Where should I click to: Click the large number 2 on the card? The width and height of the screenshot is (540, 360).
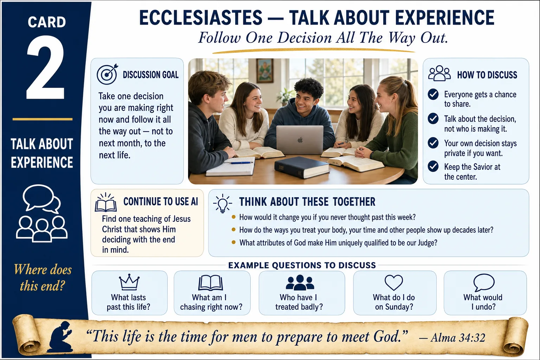click(46, 67)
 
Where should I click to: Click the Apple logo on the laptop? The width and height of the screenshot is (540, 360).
click(300, 140)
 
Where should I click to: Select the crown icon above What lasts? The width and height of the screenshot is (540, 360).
click(129, 282)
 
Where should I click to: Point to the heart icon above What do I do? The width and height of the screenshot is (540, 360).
click(394, 282)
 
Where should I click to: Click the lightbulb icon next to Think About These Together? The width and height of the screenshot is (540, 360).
click(223, 204)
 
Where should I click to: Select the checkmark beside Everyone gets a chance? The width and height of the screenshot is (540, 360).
click(433, 94)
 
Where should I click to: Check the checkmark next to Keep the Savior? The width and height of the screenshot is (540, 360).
click(433, 166)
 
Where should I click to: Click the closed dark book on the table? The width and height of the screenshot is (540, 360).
click(302, 167)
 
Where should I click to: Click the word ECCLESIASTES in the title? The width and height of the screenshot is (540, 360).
click(201, 18)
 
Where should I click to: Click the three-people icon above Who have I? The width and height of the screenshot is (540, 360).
click(300, 282)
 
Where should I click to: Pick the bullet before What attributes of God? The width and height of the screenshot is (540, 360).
click(233, 242)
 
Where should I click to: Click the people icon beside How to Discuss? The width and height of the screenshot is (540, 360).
click(439, 73)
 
